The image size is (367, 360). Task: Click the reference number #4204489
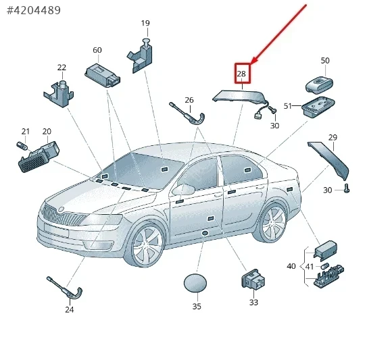(34, 10)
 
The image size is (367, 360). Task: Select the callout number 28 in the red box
(241, 74)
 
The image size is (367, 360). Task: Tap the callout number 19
(145, 23)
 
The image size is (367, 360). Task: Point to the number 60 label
(97, 50)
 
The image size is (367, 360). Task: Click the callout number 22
(62, 68)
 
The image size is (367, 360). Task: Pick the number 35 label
(197, 306)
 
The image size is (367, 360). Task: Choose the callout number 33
(253, 302)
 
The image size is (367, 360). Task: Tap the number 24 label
(70, 309)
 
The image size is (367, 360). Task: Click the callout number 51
(288, 106)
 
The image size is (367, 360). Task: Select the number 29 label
(333, 137)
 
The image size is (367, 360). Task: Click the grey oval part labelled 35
(195, 283)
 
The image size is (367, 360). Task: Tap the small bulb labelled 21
(22, 145)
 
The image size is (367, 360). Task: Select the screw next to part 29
(347, 188)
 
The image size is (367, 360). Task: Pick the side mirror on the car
(184, 189)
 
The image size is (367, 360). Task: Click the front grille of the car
(63, 215)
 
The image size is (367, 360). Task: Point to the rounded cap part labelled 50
(319, 84)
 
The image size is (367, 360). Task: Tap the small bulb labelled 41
(324, 266)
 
